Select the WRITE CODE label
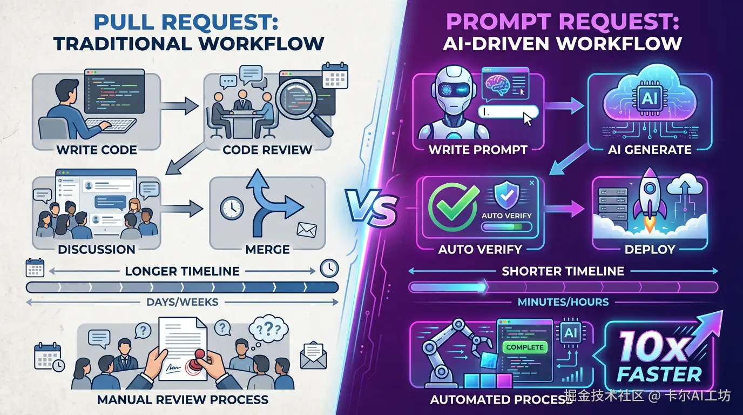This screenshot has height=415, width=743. pyautogui.click(x=97, y=150)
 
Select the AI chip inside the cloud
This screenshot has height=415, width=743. pyautogui.click(x=649, y=99)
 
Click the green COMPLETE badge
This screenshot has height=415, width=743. pyautogui.click(x=525, y=347)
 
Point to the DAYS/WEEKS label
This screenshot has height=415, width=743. pyautogui.click(x=183, y=302)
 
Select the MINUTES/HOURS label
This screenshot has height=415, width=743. pyautogui.click(x=563, y=302)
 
